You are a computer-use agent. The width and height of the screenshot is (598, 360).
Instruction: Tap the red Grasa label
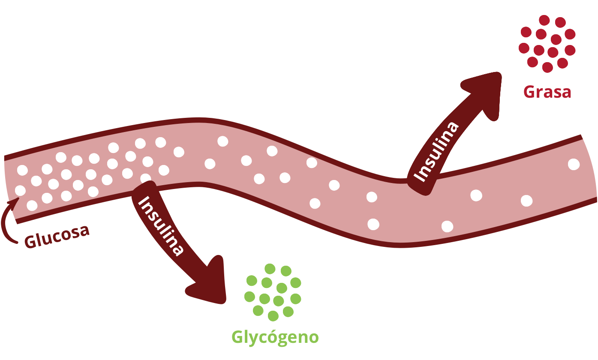(x=547, y=92)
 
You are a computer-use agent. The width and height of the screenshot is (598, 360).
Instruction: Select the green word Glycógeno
(x=275, y=337)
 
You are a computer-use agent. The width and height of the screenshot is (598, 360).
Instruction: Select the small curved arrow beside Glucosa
(x=9, y=221)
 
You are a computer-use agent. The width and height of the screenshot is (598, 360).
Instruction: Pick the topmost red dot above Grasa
(x=544, y=20)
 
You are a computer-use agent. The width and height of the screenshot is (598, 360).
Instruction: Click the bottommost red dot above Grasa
(x=547, y=67)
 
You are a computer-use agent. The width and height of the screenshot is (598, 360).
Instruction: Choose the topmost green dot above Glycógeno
(x=270, y=269)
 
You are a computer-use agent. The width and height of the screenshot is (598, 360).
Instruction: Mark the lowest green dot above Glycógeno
(x=273, y=316)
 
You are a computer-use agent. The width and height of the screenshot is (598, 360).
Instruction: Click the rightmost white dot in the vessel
(x=573, y=164)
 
